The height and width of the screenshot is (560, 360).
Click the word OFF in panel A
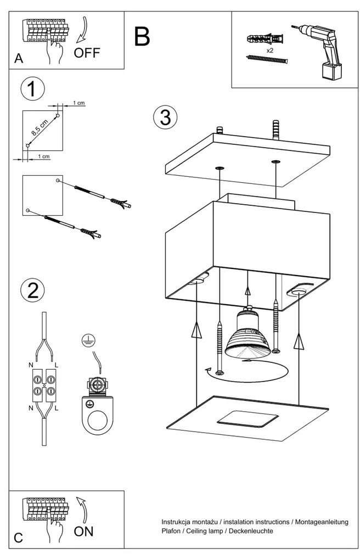coord(87,53)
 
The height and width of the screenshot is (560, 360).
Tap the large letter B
coord(141,36)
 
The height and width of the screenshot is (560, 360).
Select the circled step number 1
coord(32,89)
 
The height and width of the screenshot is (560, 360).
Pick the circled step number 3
coord(166,117)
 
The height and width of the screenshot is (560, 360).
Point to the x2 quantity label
coord(269,50)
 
